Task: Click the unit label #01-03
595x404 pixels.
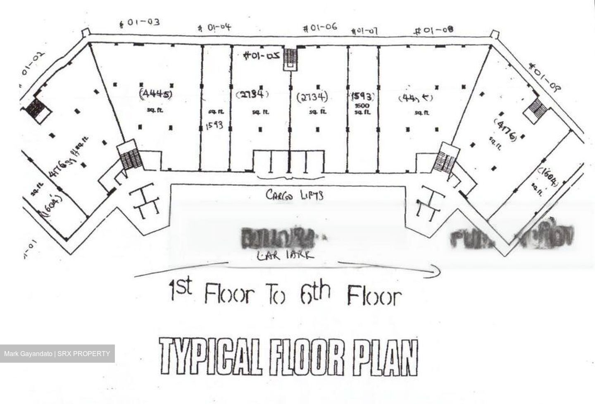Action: click(x=139, y=22)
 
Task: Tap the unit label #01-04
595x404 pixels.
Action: click(x=214, y=28)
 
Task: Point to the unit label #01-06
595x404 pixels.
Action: click(x=320, y=28)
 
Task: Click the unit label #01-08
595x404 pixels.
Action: click(x=434, y=30)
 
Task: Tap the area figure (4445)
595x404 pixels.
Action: click(x=156, y=93)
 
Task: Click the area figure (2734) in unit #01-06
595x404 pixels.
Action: click(x=312, y=97)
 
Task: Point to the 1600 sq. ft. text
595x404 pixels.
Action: click(x=362, y=108)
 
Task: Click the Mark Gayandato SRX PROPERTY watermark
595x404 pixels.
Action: click(x=57, y=354)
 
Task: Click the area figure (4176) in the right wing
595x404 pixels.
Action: click(x=507, y=131)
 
